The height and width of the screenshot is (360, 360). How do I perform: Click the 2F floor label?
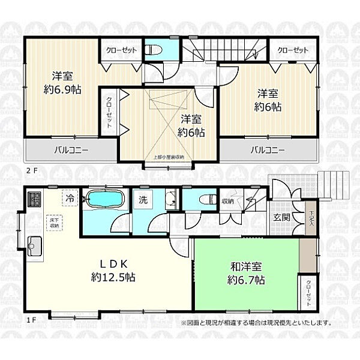[x=31, y=170]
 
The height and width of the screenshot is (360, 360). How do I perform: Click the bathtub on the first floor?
[x=106, y=200]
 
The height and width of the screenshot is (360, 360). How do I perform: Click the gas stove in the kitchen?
[x=32, y=197]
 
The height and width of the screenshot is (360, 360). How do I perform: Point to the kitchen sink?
[x=32, y=245]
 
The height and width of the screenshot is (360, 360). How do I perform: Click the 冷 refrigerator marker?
[x=71, y=196]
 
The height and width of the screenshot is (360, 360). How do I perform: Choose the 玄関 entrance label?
[x=281, y=217]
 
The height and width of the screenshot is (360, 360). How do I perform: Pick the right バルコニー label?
[x=267, y=149]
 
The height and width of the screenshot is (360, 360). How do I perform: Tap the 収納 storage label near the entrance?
[x=227, y=201]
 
